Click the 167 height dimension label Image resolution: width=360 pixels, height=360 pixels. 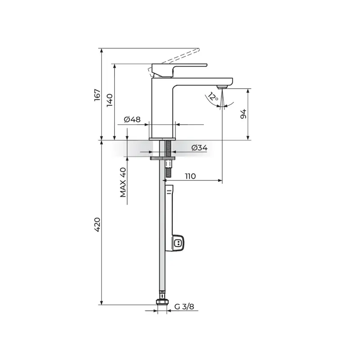(x=97, y=94)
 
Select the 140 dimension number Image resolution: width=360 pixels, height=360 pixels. (x=110, y=100)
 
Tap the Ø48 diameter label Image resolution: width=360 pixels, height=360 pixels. (x=132, y=119)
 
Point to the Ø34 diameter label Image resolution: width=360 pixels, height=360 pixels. (x=199, y=148)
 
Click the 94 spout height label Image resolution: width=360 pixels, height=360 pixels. (x=243, y=114)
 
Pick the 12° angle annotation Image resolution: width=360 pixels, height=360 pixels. (x=213, y=97)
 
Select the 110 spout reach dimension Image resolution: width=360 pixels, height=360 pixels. (x=190, y=176)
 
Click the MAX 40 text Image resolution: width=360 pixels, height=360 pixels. (x=123, y=182)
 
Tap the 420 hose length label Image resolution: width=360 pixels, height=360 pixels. (x=97, y=225)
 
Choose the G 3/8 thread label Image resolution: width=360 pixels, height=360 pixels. (x=184, y=306)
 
